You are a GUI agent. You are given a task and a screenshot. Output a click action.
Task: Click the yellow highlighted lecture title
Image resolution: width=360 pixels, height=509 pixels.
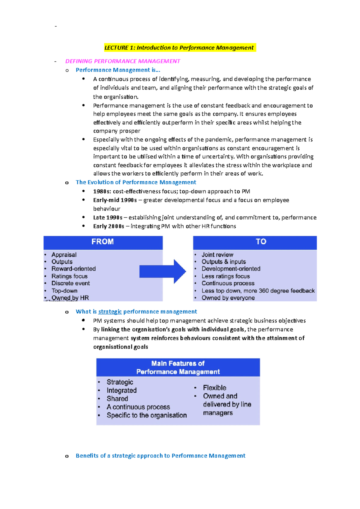179,48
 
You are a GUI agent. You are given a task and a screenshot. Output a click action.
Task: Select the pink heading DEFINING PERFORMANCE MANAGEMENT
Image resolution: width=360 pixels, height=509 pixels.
122,61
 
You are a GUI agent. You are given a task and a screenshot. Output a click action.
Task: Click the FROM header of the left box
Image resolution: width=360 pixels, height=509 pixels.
103,242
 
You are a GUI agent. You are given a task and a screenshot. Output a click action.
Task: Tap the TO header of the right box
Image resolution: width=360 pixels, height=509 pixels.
261,242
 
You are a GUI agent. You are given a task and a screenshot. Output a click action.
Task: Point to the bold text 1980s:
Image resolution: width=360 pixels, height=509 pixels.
102,192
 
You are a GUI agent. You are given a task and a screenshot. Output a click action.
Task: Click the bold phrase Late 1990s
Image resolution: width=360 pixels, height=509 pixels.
108,218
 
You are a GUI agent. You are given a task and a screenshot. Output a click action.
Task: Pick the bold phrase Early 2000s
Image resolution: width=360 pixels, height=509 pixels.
108,226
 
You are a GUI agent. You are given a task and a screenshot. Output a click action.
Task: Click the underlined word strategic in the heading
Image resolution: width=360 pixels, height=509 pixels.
110,312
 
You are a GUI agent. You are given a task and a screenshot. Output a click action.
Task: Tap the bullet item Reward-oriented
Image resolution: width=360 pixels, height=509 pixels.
73,269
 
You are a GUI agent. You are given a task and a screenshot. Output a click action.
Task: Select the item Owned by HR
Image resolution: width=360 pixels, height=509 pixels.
70,298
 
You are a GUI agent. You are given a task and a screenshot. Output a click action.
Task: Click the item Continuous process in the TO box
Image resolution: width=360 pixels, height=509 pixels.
228,284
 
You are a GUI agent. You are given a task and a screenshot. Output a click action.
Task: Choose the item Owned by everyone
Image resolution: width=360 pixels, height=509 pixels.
228,298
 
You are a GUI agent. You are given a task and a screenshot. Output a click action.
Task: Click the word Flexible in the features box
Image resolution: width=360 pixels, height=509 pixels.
214,388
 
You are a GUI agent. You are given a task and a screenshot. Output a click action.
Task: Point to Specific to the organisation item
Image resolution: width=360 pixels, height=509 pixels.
146,415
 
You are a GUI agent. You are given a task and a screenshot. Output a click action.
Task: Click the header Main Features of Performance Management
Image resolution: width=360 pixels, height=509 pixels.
178,368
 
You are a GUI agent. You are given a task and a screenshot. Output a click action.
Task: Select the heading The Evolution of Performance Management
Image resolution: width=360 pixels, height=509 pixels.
136,182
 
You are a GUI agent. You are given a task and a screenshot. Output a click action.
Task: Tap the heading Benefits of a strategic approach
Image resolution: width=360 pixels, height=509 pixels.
160,456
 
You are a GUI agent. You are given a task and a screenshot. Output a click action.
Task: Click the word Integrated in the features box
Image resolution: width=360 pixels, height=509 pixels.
121,391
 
